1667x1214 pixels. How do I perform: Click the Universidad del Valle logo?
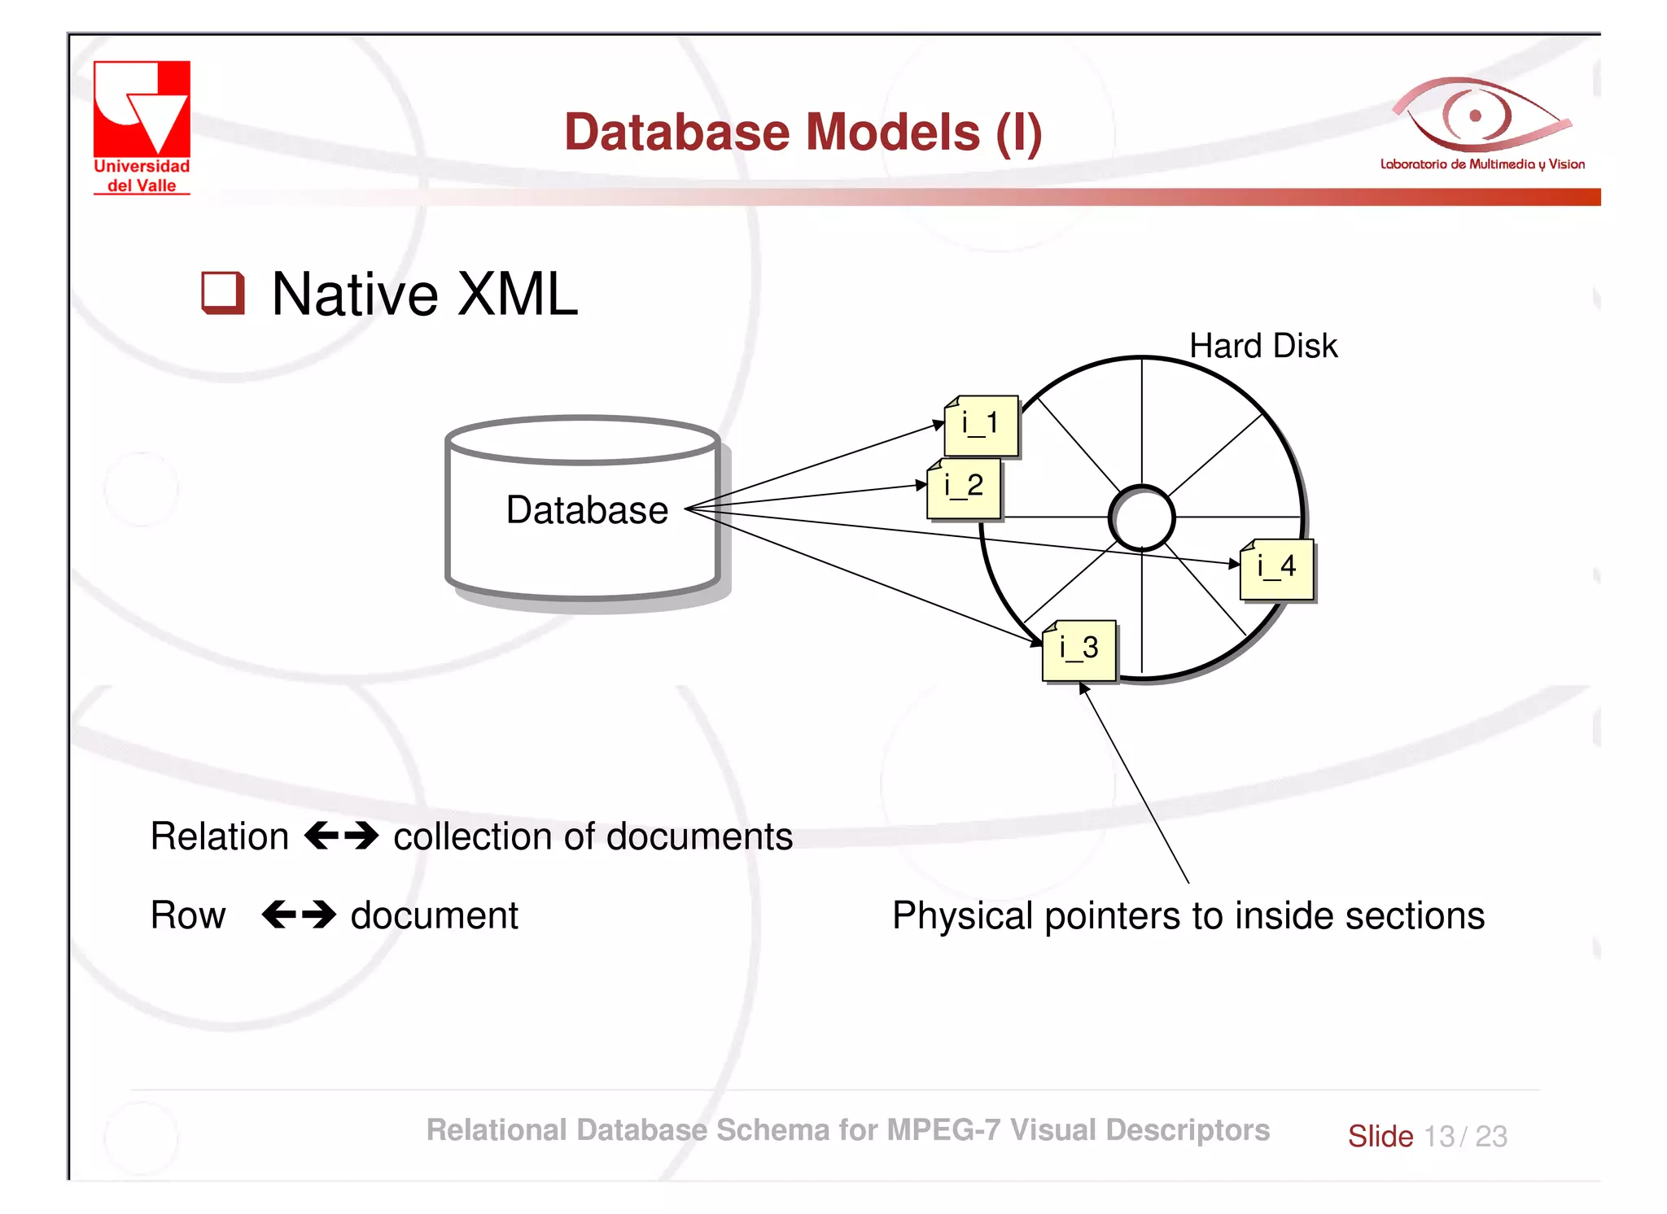(142, 126)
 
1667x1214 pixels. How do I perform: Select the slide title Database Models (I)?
(803, 132)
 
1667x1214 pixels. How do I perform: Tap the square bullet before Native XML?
(222, 293)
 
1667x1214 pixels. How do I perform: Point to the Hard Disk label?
(1262, 346)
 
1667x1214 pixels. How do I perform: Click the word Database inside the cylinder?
(587, 510)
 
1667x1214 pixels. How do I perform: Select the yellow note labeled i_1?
(981, 425)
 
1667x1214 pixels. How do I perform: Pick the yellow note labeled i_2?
(964, 487)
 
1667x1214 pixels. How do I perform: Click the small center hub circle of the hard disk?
(1141, 518)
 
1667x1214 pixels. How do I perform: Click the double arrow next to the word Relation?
(341, 836)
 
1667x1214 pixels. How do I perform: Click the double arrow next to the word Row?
(299, 915)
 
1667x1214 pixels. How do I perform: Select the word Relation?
(220, 836)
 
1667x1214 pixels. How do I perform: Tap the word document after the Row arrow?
(434, 915)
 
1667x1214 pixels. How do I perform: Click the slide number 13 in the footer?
(1439, 1136)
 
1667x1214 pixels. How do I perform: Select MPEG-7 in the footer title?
(943, 1130)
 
